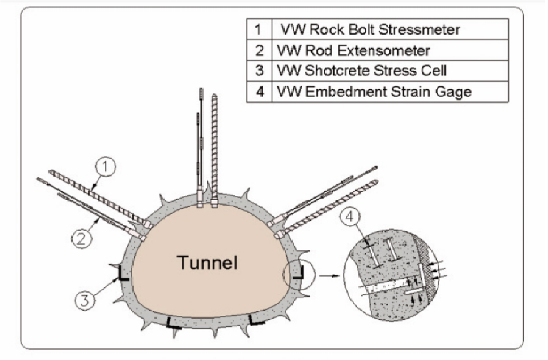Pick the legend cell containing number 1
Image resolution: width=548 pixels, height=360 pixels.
[x=259, y=30]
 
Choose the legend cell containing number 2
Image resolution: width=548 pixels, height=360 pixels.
[x=259, y=50]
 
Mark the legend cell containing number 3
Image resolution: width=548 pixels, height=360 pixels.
[x=259, y=71]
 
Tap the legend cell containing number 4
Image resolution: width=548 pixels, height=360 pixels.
[x=259, y=91]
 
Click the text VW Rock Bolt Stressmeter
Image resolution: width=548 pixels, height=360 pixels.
[x=370, y=30]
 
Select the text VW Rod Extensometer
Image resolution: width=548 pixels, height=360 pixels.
[x=353, y=50]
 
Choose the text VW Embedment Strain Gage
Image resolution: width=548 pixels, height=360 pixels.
[x=374, y=91]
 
